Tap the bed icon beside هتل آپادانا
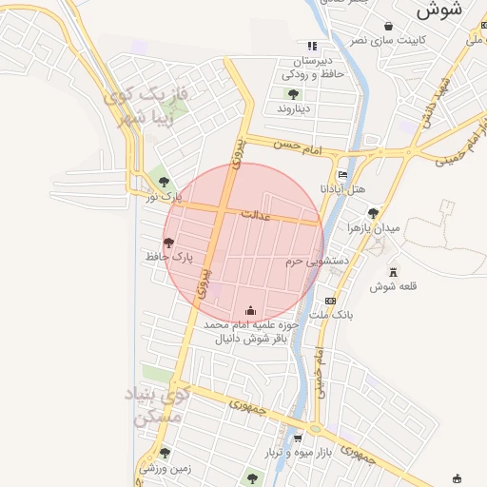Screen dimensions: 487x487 [x=343, y=174]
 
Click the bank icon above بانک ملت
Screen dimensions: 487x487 [x=330, y=301]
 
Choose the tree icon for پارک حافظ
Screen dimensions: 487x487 [x=169, y=243]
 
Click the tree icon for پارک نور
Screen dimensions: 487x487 [x=164, y=182]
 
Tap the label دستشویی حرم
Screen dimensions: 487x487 [x=318, y=260]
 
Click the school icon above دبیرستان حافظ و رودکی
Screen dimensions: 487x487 [x=311, y=45]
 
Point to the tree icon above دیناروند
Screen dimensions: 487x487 [x=293, y=93]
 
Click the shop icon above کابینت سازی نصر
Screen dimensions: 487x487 [x=387, y=26]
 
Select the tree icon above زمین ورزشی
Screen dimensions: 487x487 [x=165, y=453]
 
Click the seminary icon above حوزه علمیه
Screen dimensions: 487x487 [x=250, y=309]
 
